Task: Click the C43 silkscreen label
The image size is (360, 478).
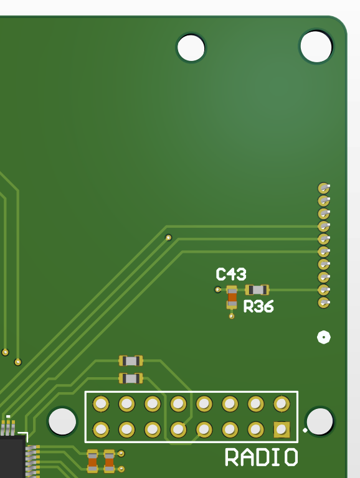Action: pos(231,274)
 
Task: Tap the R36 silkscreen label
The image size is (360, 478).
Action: pos(258,306)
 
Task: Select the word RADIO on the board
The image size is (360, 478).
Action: pos(261,457)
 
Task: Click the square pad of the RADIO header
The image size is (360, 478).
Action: pos(282,429)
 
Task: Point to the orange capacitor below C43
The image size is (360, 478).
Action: pos(232,298)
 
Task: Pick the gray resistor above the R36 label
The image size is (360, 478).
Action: pos(257,289)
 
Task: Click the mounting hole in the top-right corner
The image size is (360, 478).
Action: pos(316,46)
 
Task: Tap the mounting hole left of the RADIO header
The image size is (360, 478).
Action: pos(62,421)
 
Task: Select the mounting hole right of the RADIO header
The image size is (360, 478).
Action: pos(320,421)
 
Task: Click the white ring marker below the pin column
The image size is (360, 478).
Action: pos(324,337)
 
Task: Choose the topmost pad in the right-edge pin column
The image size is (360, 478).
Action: pos(323,188)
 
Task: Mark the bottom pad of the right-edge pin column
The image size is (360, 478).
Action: pos(323,302)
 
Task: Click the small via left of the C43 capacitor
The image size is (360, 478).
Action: pos(217,289)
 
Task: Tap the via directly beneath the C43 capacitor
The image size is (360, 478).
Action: pos(232,316)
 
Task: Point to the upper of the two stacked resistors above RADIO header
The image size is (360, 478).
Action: pos(131,361)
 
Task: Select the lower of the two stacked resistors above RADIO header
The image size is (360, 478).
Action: pos(131,378)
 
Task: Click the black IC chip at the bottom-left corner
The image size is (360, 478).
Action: pos(12,456)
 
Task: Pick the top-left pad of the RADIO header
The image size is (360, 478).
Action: pos(101,403)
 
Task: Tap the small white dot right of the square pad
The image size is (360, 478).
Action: pos(305,430)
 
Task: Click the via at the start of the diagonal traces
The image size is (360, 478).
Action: pos(168,238)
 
